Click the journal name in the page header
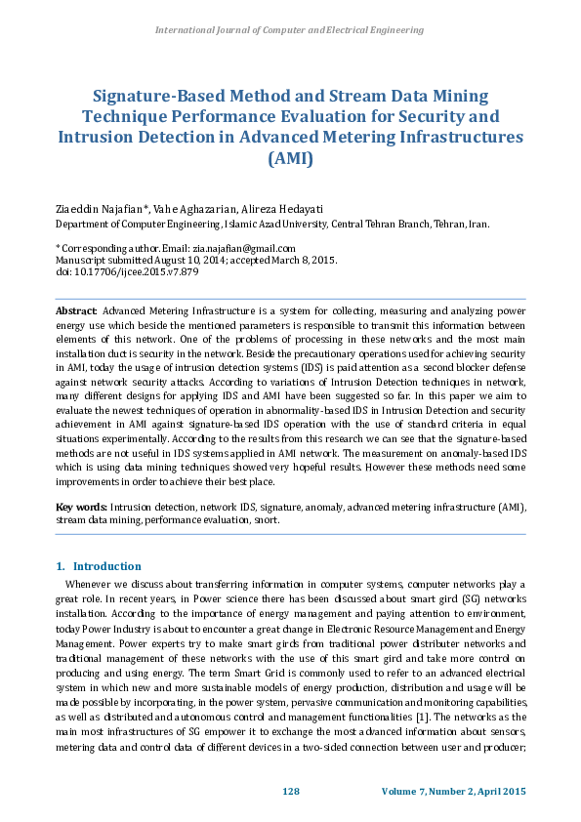(289, 31)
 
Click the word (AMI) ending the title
(290, 158)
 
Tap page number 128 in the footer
(290, 789)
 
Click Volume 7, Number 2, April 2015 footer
(455, 789)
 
